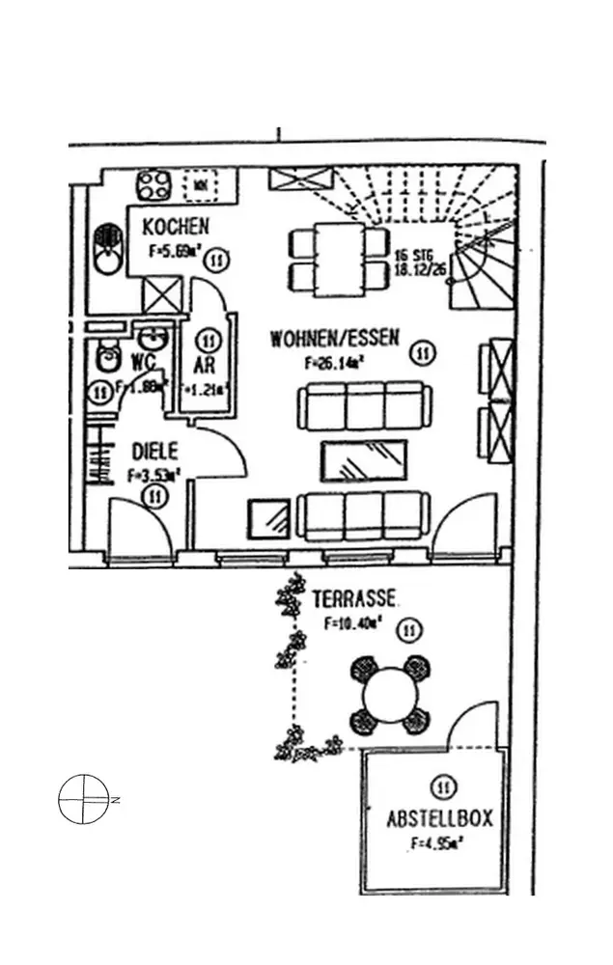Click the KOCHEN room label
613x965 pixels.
[x=175, y=228]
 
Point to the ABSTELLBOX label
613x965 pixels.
[x=439, y=819]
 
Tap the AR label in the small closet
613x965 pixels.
[x=205, y=366]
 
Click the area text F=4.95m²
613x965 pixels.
[x=436, y=843]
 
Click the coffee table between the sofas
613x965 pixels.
[x=362, y=460]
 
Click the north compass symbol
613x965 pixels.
[x=82, y=800]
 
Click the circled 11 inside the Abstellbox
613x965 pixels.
[x=443, y=786]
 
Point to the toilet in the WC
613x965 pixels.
[x=106, y=359]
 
